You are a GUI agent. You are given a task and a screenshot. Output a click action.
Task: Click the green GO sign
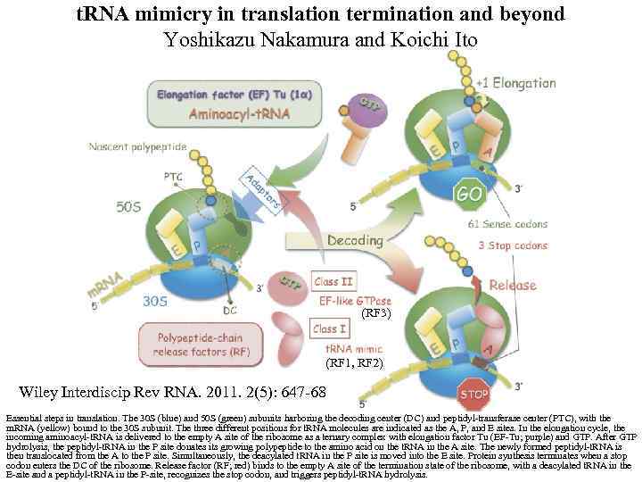(470, 193)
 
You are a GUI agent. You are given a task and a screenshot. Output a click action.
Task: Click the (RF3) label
(376, 313)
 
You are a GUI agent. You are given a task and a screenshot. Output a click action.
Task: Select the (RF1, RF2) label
(354, 363)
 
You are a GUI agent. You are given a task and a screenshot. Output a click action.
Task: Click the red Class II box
(333, 282)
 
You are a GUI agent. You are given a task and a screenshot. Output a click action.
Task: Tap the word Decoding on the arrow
(354, 240)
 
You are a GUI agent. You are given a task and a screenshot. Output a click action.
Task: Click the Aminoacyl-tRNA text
(229, 115)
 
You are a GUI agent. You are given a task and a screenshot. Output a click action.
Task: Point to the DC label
(230, 311)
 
